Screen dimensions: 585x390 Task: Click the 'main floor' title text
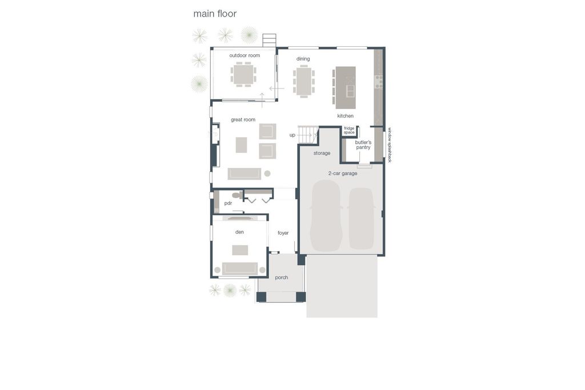[x=215, y=14]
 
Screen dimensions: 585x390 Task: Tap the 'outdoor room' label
[x=245, y=55]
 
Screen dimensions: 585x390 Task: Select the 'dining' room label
[x=303, y=59]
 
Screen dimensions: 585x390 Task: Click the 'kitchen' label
[x=346, y=116]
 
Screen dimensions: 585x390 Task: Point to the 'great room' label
[x=243, y=120]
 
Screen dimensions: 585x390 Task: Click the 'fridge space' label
[x=349, y=131]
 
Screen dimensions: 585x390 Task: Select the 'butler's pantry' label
[x=363, y=144]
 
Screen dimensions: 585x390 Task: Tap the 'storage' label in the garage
[x=322, y=153]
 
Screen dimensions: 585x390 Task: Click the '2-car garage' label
[x=343, y=174]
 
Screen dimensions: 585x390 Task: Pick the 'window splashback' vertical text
[x=390, y=145]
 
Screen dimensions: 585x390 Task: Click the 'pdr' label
[x=228, y=203]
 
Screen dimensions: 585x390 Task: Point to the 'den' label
[x=239, y=232]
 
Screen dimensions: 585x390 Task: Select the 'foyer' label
[x=283, y=233]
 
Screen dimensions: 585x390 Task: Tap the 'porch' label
[x=282, y=278]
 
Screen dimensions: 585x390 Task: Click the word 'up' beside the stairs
[x=292, y=135]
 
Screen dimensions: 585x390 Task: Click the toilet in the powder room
[x=237, y=195]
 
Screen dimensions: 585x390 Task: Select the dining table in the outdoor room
[x=243, y=74]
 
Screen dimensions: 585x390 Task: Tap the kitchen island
[x=346, y=87]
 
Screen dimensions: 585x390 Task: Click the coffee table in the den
[x=240, y=250]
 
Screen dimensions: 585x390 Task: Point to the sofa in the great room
[x=245, y=174]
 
